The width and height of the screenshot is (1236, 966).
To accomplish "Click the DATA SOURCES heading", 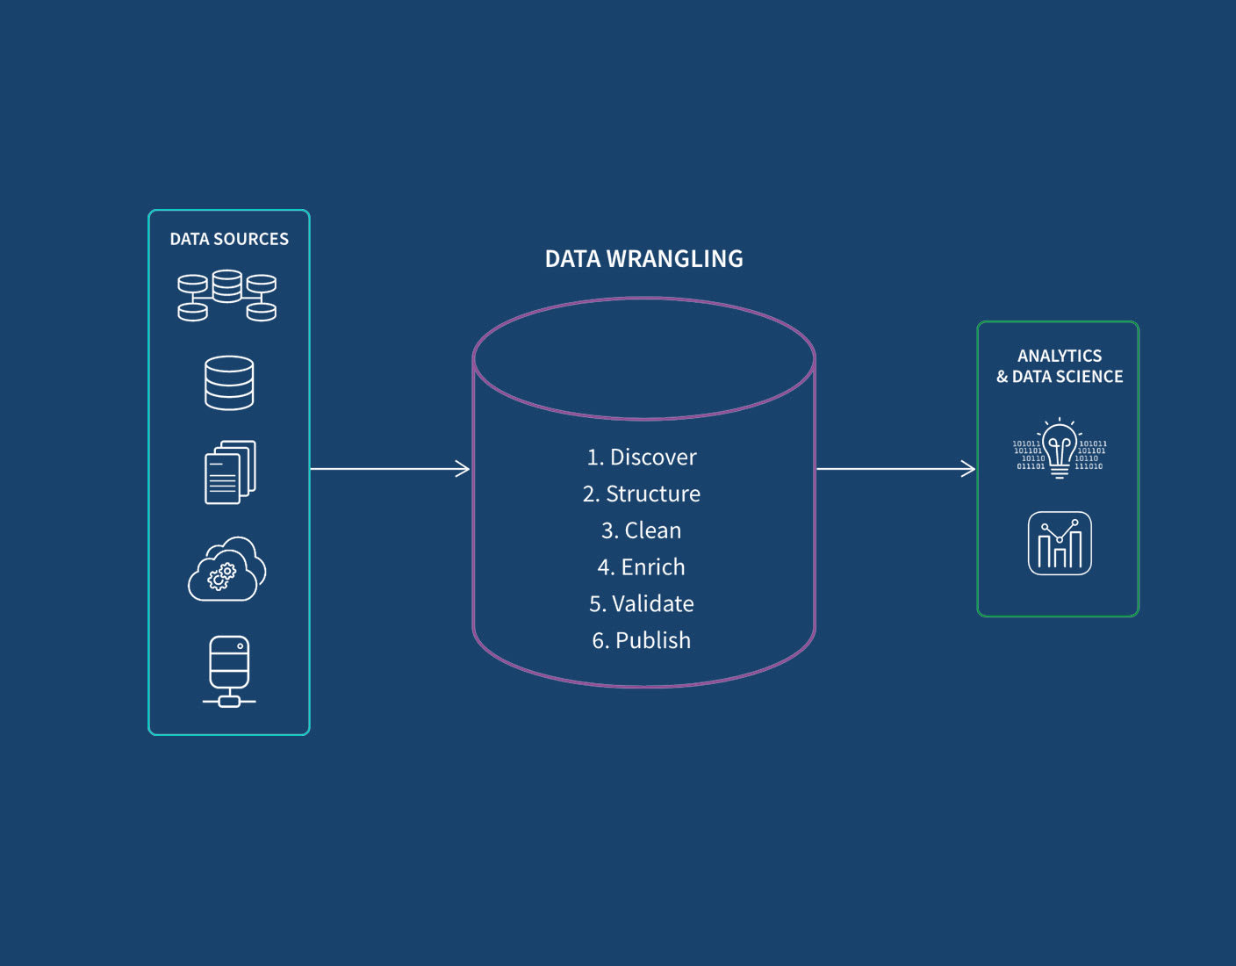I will (x=229, y=239).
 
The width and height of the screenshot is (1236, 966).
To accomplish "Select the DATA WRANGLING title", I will (x=643, y=259).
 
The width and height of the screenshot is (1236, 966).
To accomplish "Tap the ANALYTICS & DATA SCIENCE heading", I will (x=1060, y=366).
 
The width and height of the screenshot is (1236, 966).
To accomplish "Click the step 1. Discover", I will (x=642, y=457).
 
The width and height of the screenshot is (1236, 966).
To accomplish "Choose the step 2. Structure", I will (x=642, y=494).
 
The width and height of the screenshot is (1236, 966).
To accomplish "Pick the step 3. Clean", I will (x=642, y=530).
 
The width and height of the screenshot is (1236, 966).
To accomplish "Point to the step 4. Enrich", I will (x=642, y=567).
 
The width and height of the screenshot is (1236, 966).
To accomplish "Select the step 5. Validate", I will (x=642, y=604).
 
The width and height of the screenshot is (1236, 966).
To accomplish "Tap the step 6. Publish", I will (x=642, y=640).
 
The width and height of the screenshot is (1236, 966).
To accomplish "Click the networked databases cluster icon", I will (x=227, y=296).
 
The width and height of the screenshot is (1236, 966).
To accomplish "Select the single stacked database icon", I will (x=229, y=383).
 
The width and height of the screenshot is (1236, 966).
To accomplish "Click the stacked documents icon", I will (x=230, y=472).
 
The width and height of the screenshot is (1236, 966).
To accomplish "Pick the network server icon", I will (x=229, y=671).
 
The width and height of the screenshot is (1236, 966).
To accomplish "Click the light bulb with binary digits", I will (x=1060, y=449).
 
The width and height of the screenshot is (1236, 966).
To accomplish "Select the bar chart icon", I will (x=1060, y=544).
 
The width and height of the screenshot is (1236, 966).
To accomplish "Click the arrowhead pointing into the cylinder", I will (x=463, y=469).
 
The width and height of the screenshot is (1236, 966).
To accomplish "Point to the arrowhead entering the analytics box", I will (x=968, y=469).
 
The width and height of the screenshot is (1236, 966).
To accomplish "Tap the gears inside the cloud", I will (x=221, y=576).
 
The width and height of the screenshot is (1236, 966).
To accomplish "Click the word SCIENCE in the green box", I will (x=1089, y=377).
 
